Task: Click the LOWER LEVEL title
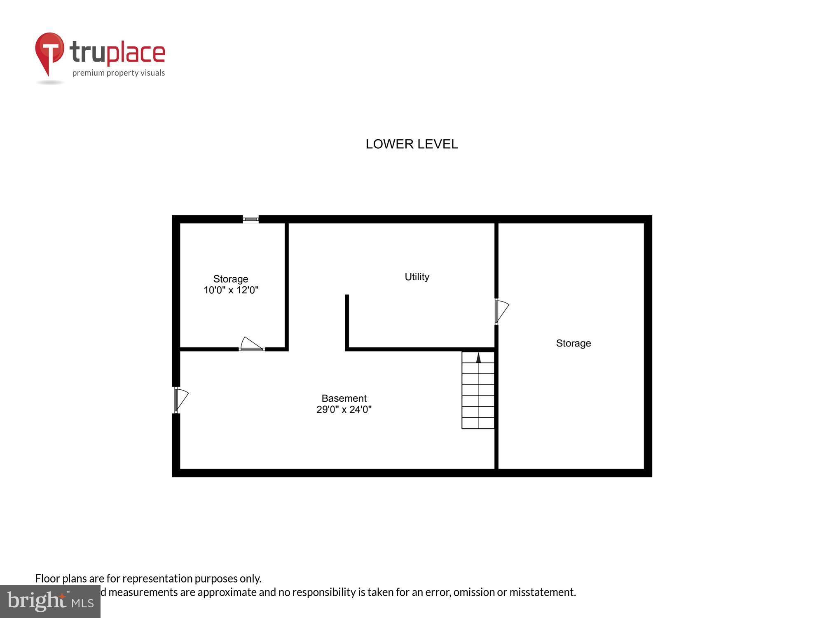[412, 144]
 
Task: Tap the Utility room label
[417, 277]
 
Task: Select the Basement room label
[344, 398]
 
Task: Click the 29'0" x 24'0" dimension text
[344, 410]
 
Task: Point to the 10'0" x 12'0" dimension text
[231, 290]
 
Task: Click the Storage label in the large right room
[574, 343]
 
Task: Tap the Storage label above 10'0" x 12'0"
[231, 279]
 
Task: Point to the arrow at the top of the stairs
[478, 357]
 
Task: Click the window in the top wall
[250, 219]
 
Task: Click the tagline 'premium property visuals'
[119, 73]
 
